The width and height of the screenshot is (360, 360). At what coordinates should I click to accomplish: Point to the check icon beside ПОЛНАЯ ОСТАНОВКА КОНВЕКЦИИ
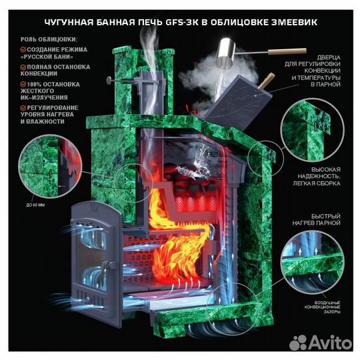click(x=23, y=67)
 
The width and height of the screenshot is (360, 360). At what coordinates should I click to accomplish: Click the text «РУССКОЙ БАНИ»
click(x=47, y=57)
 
